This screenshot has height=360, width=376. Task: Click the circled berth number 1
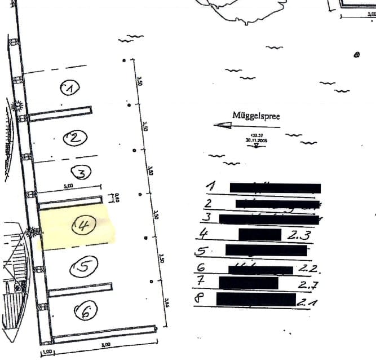pyautogui.click(x=69, y=87)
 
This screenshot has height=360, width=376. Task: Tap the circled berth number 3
pyautogui.click(x=81, y=173)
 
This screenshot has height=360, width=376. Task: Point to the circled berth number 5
pyautogui.click(x=83, y=267)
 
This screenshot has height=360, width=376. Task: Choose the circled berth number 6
pyautogui.click(x=85, y=309)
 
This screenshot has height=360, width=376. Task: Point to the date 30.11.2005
pyautogui.click(x=256, y=139)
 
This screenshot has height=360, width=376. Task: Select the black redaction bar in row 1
pyautogui.click(x=275, y=188)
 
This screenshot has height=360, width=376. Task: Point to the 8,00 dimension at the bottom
pyautogui.click(x=105, y=344)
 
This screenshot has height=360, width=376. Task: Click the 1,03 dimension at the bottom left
pyautogui.click(x=46, y=354)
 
